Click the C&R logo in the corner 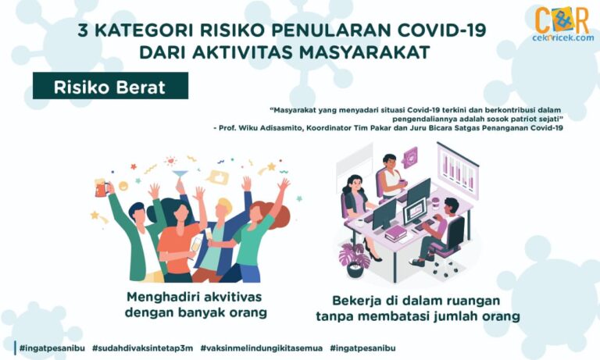(562, 20)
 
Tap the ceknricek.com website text (562, 38)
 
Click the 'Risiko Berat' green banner (110, 86)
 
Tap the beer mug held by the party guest (101, 187)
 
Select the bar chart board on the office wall (458, 171)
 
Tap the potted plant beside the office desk (355, 261)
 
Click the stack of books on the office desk (395, 233)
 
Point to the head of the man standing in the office (389, 161)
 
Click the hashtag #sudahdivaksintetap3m (142, 348)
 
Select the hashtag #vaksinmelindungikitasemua (261, 348)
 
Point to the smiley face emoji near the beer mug (123, 187)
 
